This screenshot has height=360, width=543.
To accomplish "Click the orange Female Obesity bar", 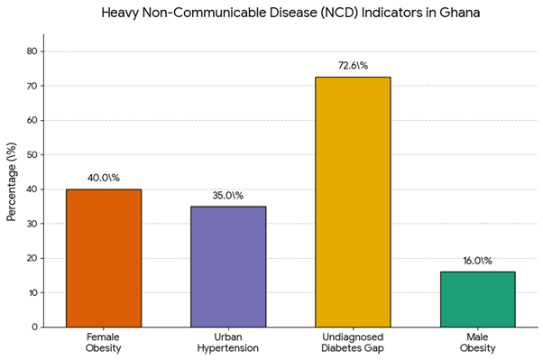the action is tap(104, 258).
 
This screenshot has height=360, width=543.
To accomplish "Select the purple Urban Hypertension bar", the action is tap(228, 267).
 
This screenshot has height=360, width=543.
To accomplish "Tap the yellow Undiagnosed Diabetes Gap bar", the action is tap(353, 202).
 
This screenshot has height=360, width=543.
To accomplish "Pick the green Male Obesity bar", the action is tap(477, 300).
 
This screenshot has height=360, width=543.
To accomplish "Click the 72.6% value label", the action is tap(353, 66).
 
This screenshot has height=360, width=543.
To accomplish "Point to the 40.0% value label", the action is tap(104, 178).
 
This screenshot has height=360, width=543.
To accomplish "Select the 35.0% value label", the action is tap(228, 196).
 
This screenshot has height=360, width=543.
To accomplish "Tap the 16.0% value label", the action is tap(477, 261).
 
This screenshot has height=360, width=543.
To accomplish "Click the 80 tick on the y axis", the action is tap(32, 51).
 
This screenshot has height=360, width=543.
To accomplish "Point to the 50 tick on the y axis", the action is tap(32, 155).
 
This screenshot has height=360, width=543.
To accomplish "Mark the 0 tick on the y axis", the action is tap(34, 328).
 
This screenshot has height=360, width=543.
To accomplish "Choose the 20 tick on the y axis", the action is tap(32, 258).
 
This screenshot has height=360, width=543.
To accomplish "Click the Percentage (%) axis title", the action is tap(11, 182).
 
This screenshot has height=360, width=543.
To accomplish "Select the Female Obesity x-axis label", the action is tap(103, 342).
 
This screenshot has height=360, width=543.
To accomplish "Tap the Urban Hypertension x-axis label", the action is tap(228, 342).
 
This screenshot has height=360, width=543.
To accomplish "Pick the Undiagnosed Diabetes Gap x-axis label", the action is tap(353, 342).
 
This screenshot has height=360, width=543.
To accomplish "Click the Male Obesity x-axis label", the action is tap(477, 342).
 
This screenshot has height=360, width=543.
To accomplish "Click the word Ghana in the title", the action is tap(459, 13).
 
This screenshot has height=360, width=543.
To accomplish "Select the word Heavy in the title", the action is tap(120, 14).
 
